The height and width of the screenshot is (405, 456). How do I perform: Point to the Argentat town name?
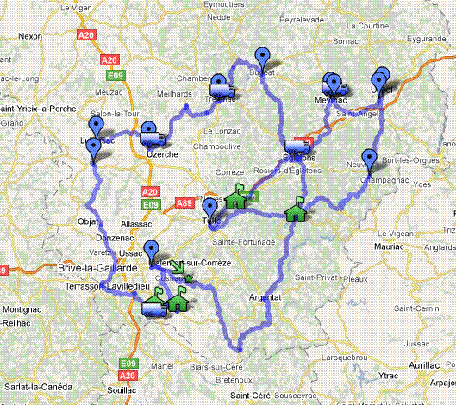265,297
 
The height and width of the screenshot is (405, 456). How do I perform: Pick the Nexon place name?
28,37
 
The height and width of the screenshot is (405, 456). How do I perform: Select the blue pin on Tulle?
209,208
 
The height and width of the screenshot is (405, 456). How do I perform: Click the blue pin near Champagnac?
370,159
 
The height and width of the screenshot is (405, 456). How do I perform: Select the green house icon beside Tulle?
236,199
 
